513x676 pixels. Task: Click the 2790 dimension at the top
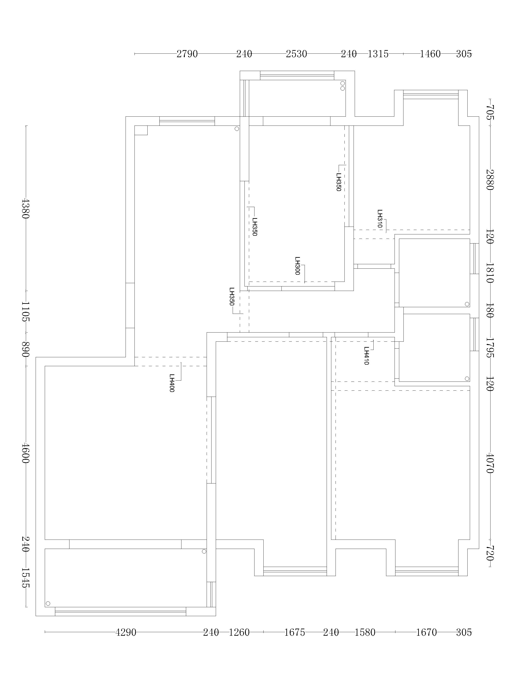[x=187, y=54]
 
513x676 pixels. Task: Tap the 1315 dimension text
[x=378, y=54]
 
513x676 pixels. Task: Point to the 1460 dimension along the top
[x=430, y=54]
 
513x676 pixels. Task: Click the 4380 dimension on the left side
[x=25, y=208]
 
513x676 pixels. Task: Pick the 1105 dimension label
[x=25, y=311]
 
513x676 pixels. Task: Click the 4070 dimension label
[x=490, y=463]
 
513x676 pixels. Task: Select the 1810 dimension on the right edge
[x=490, y=273]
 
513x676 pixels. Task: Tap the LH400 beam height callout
[x=172, y=383]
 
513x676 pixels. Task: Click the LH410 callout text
[x=366, y=355]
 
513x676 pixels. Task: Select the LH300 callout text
[x=297, y=266]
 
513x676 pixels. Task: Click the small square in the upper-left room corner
[x=141, y=130]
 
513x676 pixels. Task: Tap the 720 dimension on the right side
[x=490, y=552]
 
